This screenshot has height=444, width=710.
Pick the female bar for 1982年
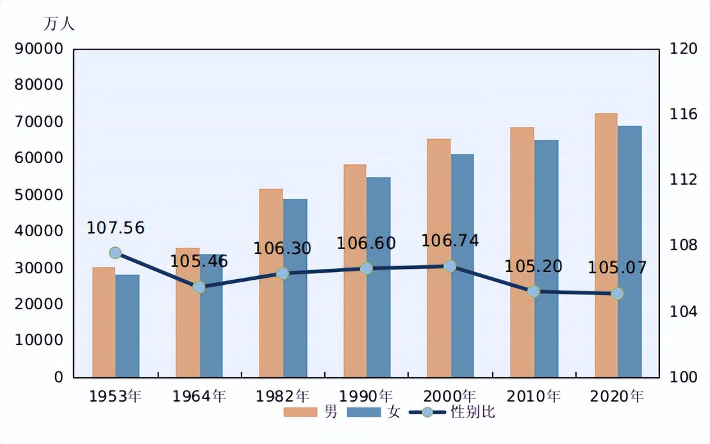295,288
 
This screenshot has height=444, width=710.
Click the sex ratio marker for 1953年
115,253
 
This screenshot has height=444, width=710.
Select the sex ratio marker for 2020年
617,293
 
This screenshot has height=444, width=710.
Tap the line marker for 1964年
199,287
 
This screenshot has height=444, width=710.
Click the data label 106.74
450,241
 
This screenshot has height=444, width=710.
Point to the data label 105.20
533,266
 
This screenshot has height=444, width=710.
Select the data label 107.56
115,228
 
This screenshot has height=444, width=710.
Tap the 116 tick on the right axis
682,114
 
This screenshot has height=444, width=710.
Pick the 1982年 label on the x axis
283,396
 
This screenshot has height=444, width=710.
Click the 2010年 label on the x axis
534,396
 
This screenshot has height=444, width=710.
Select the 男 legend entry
311,413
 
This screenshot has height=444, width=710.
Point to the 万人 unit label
59,24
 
